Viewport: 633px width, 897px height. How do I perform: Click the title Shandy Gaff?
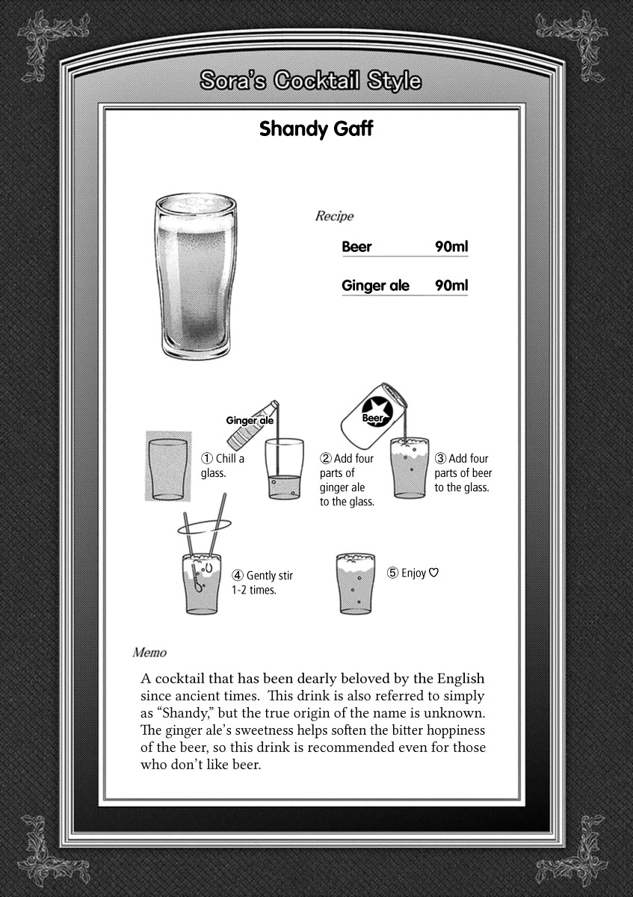pos(316,129)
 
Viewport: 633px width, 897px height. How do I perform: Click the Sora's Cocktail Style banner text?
pos(310,81)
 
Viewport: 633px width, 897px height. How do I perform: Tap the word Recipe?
pos(334,217)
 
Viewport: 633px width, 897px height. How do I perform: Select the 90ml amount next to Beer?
pos(451,247)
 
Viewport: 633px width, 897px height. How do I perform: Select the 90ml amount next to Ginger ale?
pos(451,286)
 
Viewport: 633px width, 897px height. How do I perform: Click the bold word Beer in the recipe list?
pos(356,247)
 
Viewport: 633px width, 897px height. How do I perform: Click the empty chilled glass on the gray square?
pos(167,468)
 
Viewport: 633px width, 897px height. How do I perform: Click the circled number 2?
pos(326,458)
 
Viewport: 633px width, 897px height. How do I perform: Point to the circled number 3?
pos(441,458)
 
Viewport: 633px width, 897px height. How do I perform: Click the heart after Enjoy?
pos(434,573)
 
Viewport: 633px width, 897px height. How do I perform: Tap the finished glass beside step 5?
pos(356,583)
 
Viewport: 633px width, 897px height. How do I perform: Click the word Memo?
pos(149,653)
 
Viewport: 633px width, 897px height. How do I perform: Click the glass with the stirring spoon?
pos(201,583)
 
